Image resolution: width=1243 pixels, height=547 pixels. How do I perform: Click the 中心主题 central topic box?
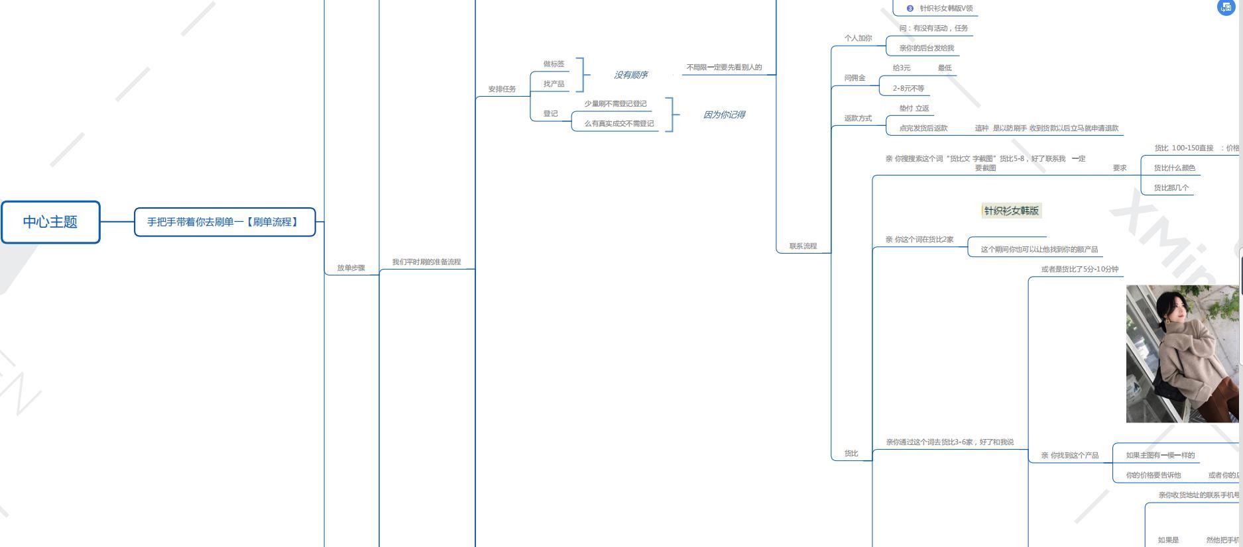50,222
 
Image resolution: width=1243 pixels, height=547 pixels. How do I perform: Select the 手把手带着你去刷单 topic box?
224,222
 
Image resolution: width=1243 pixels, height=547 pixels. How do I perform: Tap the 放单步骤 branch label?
351,268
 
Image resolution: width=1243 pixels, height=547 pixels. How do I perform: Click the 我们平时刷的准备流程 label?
426,262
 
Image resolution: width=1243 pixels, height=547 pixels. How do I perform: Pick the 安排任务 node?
502,89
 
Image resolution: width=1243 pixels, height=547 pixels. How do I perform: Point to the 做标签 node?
554,64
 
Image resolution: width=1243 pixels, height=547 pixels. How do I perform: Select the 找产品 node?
554,83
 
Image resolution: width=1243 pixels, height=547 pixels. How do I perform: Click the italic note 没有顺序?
630,75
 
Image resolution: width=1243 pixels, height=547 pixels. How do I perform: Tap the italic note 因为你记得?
723,115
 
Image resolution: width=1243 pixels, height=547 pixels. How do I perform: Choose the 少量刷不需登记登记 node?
615,103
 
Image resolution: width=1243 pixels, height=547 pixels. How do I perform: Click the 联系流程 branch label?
803,246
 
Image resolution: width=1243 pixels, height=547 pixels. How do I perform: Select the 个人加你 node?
858,38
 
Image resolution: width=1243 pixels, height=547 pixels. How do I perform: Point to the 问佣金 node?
855,77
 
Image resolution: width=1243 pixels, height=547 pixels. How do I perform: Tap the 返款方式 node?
858,118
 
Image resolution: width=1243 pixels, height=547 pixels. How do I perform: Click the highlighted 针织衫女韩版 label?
1011,211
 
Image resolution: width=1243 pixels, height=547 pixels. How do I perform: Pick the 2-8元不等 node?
908,88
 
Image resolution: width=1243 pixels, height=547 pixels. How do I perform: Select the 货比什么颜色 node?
1174,168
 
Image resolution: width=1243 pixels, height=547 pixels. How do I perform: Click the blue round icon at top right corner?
1226,7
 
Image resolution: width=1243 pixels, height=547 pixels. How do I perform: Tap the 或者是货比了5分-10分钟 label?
1079,269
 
